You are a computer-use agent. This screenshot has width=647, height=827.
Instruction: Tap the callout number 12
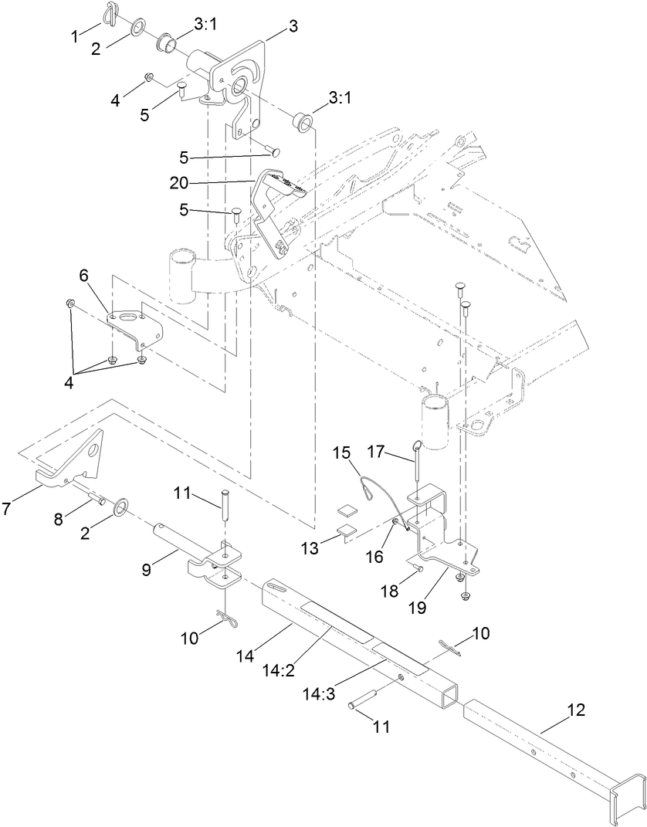coord(577,709)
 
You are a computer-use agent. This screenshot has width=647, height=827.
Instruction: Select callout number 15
coord(341,452)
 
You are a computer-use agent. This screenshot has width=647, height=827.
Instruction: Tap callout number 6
coord(84,274)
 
